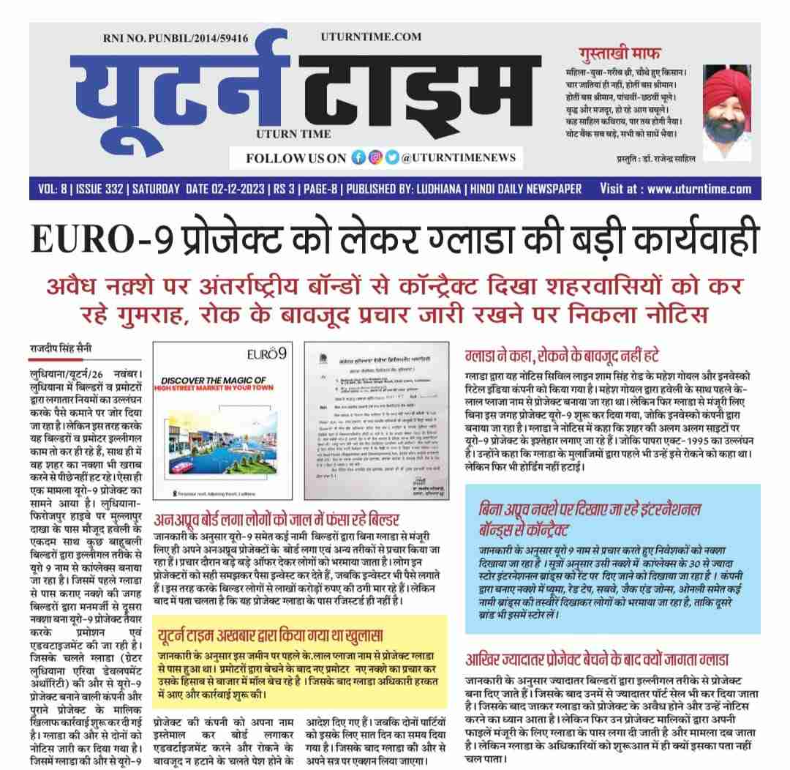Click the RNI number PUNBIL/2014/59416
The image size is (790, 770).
(176, 37)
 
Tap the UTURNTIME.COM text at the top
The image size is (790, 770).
(371, 37)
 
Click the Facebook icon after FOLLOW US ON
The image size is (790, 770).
(358, 157)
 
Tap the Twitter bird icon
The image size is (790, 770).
(393, 157)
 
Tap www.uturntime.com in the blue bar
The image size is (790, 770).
(699, 189)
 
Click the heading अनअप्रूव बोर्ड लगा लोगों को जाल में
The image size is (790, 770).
(278, 521)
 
